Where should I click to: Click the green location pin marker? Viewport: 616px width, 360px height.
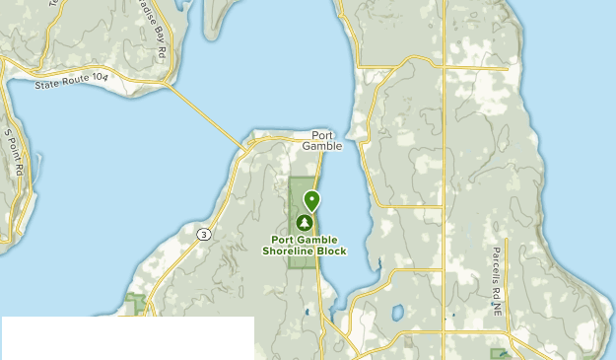point(311,200)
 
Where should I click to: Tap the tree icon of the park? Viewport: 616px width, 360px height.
point(304,224)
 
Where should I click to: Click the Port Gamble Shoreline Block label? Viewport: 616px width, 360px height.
point(305,245)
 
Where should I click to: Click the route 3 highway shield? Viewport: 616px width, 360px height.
point(203,234)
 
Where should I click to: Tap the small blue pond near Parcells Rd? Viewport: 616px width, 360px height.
point(396,313)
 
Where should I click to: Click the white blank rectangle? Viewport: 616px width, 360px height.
point(127,338)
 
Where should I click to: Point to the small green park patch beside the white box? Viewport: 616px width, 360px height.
point(137,300)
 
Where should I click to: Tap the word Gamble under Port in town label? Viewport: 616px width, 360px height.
point(322,146)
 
